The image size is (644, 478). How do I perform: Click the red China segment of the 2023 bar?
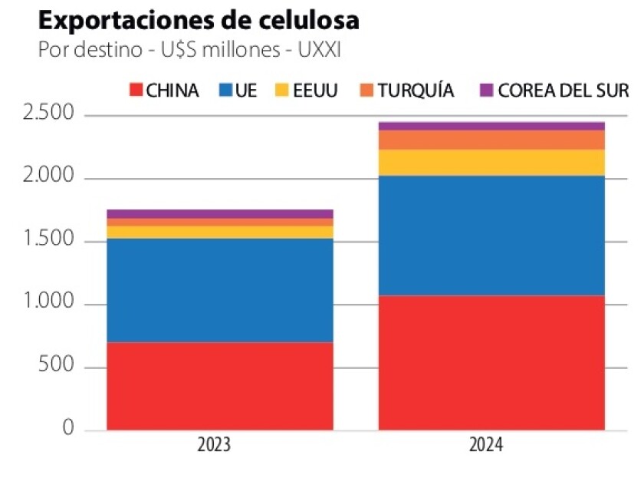click(219, 385)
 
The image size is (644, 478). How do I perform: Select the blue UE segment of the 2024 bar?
click(491, 236)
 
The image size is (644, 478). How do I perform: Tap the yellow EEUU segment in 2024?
click(491, 163)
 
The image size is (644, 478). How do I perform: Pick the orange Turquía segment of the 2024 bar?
click(491, 140)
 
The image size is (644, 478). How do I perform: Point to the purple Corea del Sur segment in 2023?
click(219, 214)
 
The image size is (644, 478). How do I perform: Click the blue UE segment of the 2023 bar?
click(219, 290)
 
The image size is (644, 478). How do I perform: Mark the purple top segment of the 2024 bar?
click(491, 126)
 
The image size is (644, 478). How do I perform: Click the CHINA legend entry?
click(164, 91)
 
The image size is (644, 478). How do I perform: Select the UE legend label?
click(246, 91)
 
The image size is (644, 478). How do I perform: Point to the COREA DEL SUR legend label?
click(563, 91)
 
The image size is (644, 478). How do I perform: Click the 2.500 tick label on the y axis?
click(48, 115)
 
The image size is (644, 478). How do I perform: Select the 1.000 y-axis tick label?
click(48, 304)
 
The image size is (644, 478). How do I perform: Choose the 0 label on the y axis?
click(68, 429)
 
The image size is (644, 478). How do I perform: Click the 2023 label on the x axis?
click(219, 446)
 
